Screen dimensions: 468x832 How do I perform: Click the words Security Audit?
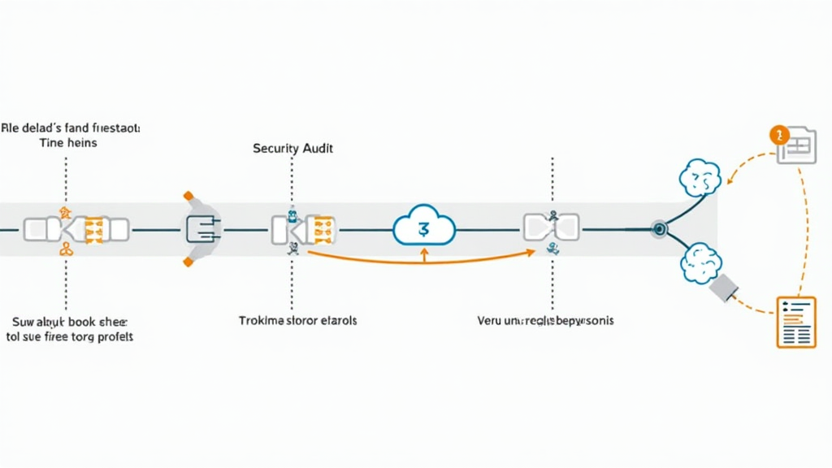point(292,149)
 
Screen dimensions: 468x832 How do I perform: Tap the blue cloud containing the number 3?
point(423,227)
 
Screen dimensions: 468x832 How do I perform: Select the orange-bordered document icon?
point(795,322)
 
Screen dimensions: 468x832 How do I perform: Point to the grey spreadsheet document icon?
point(796,146)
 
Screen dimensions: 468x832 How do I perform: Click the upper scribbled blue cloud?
point(699,178)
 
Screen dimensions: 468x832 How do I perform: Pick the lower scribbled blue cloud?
point(700,262)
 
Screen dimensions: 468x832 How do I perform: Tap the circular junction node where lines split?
point(658,229)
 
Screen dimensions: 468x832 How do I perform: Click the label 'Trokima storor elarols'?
point(297,320)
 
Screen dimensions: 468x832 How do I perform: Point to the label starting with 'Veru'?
point(545,321)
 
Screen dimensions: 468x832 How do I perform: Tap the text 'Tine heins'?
point(68,143)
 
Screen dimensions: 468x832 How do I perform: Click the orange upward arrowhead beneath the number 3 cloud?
point(423,253)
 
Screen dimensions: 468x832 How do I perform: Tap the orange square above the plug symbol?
point(188,195)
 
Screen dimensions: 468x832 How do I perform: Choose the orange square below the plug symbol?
point(188,262)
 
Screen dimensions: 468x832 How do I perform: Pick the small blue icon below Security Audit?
point(292,216)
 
